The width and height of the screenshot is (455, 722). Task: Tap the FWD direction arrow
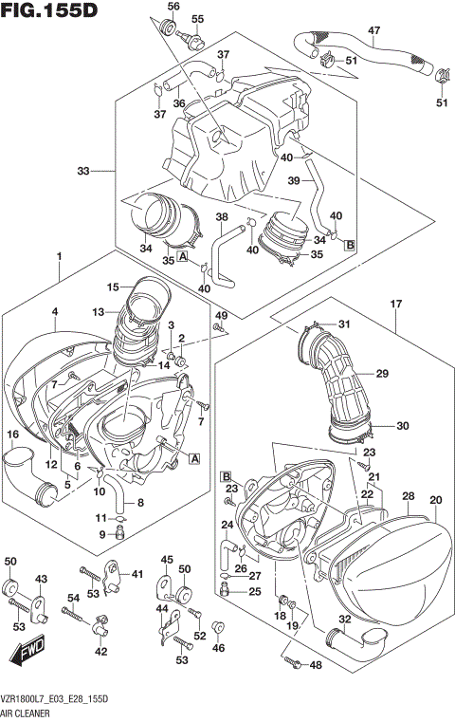pyautogui.click(x=27, y=654)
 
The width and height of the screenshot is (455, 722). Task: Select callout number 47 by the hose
pyautogui.click(x=373, y=30)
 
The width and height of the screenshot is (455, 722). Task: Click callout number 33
pyautogui.click(x=84, y=171)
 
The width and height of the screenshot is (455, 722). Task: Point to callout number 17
pyautogui.click(x=396, y=304)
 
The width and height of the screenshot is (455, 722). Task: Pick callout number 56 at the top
pyautogui.click(x=173, y=7)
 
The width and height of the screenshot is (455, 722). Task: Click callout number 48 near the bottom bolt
pyautogui.click(x=317, y=667)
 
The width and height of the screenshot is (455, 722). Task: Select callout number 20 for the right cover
pyautogui.click(x=435, y=500)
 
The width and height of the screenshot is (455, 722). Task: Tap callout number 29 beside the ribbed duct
pyautogui.click(x=383, y=374)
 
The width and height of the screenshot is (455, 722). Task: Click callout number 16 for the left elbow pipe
pyautogui.click(x=13, y=435)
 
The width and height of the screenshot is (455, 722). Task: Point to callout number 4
pyautogui.click(x=55, y=312)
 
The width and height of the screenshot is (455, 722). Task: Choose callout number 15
pyautogui.click(x=113, y=287)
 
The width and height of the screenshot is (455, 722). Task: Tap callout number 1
pyautogui.click(x=59, y=256)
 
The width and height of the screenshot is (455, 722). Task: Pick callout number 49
pyautogui.click(x=221, y=315)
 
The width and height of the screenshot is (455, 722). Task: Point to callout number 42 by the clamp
pyautogui.click(x=100, y=652)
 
